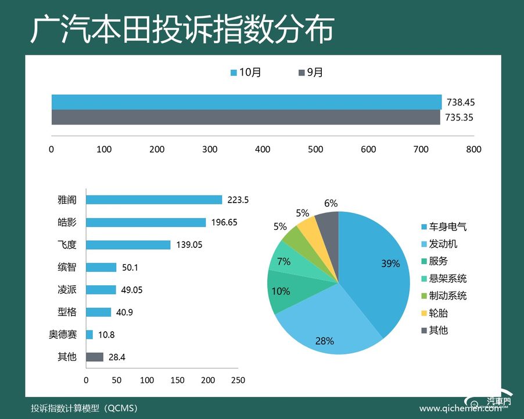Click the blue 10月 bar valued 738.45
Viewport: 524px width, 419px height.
click(x=246, y=102)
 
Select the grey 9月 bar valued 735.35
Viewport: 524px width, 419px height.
click(x=246, y=117)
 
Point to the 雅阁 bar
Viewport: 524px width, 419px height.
click(x=154, y=200)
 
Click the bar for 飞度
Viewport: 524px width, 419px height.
click(x=128, y=245)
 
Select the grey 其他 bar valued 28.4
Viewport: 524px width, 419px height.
click(x=95, y=357)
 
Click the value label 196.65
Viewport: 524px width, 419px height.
click(x=224, y=222)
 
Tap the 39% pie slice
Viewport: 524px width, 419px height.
click(x=378, y=268)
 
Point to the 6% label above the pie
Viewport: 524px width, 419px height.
click(x=331, y=203)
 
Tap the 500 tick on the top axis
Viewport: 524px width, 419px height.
click(x=315, y=150)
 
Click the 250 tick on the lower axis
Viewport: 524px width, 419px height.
click(x=238, y=380)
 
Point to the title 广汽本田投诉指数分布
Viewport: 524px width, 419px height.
click(x=182, y=29)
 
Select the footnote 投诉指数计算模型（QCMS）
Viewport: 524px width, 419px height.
click(x=85, y=408)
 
